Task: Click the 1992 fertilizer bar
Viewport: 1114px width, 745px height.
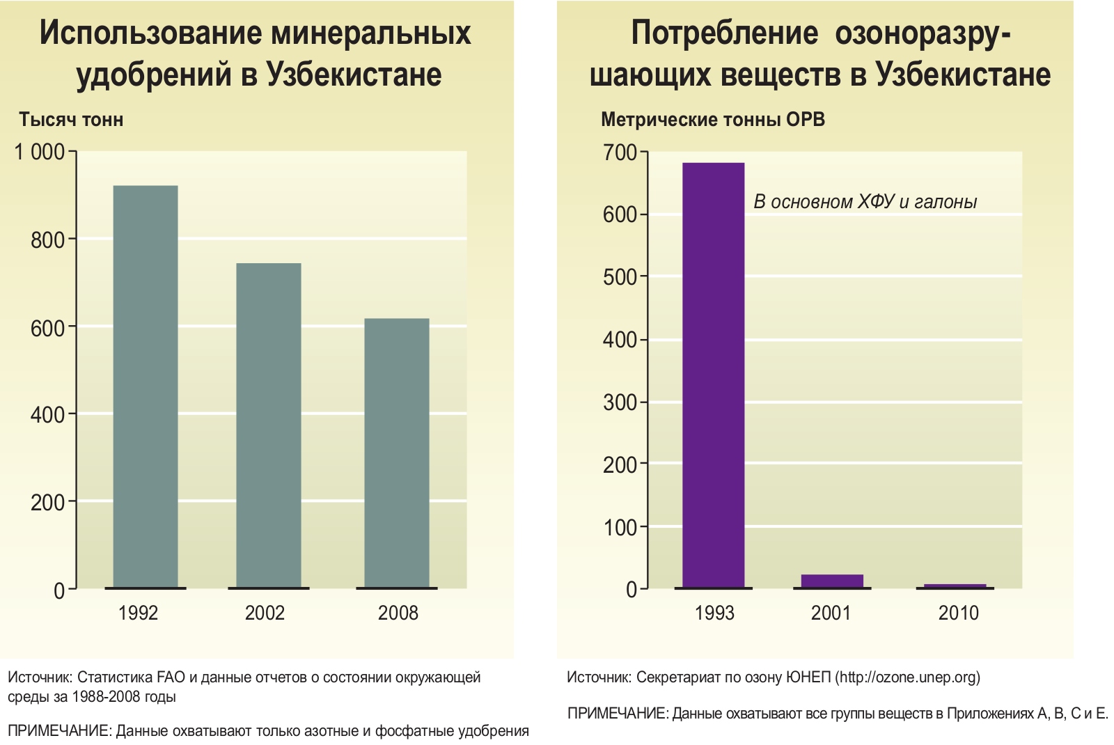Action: tap(146, 386)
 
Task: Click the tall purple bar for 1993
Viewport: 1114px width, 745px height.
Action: tap(713, 376)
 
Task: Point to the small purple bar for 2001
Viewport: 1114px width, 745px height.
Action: tap(832, 581)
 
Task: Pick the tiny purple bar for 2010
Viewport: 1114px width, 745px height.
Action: tap(955, 586)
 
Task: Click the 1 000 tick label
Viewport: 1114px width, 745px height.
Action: tap(40, 152)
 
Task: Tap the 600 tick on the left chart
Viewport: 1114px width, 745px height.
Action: tap(47, 327)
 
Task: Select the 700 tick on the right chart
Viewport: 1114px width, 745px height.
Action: tap(620, 152)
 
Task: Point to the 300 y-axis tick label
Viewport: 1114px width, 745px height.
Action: tap(620, 402)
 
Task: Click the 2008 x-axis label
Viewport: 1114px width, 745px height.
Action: tap(398, 613)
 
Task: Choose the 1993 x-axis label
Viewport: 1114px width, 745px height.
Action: tap(714, 613)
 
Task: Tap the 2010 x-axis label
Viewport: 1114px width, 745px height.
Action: tap(958, 613)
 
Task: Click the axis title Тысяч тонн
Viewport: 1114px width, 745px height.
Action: tap(71, 120)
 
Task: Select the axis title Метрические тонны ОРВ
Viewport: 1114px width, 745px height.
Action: tap(712, 120)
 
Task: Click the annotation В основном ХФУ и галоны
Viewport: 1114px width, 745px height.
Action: tap(865, 202)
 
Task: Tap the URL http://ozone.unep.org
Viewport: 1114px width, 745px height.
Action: tap(907, 677)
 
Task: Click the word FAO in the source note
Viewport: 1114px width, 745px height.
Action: tap(171, 677)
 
